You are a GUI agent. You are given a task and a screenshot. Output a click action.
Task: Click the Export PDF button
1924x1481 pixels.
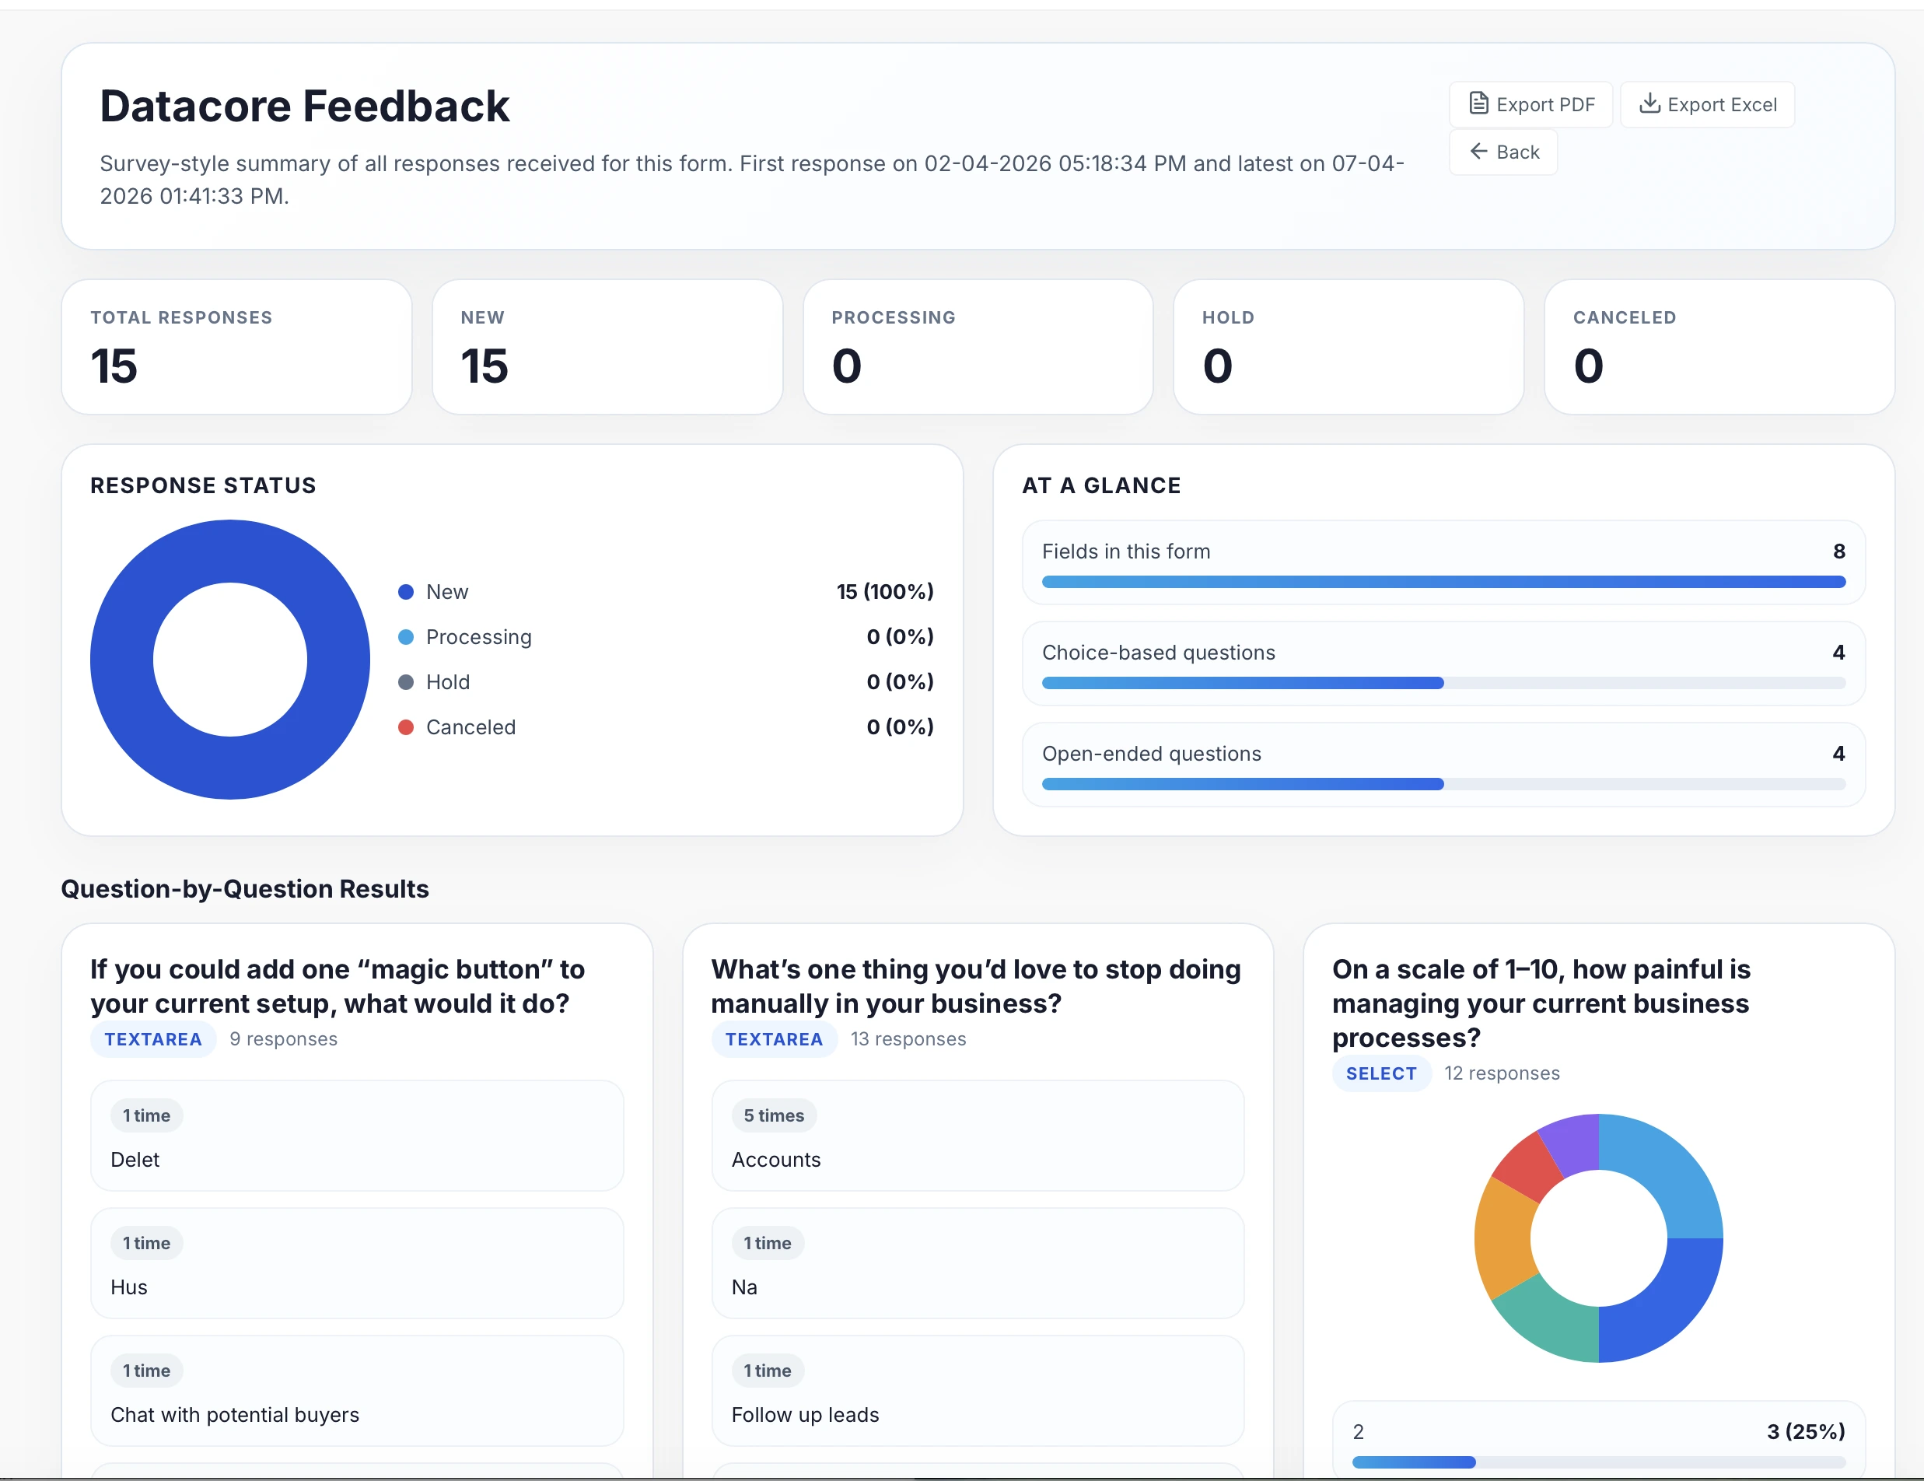pyautogui.click(x=1531, y=105)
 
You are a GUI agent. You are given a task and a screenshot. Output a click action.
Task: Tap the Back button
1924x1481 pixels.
pyautogui.click(x=1503, y=152)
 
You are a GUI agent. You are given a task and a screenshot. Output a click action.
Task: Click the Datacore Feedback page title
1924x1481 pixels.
pyautogui.click(x=305, y=107)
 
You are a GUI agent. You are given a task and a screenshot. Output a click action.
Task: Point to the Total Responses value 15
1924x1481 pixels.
pyautogui.click(x=114, y=366)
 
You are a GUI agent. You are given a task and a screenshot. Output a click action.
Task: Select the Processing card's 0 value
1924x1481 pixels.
pyautogui.click(x=847, y=366)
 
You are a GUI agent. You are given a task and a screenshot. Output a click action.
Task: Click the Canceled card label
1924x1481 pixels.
pyautogui.click(x=1625, y=317)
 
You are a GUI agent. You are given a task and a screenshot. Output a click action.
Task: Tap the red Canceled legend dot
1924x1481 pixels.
pyautogui.click(x=406, y=726)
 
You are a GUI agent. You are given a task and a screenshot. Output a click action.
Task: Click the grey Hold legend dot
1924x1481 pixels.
pyautogui.click(x=406, y=682)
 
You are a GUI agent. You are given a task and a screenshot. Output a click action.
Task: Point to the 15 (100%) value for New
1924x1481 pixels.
pyautogui.click(x=884, y=591)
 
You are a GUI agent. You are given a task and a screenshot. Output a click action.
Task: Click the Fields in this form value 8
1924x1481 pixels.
pyautogui.click(x=1838, y=551)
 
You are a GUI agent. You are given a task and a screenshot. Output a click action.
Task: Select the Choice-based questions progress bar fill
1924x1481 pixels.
pyautogui.click(x=1243, y=683)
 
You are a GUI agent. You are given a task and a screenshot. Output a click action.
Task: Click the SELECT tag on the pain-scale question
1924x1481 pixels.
pyautogui.click(x=1381, y=1073)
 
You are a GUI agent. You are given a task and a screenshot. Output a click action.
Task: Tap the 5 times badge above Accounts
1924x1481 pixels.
pyautogui.click(x=774, y=1115)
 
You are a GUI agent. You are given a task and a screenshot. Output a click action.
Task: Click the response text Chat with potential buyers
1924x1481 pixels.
pyautogui.click(x=235, y=1414)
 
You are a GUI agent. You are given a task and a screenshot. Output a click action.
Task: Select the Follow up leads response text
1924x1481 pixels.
pyautogui.click(x=805, y=1414)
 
